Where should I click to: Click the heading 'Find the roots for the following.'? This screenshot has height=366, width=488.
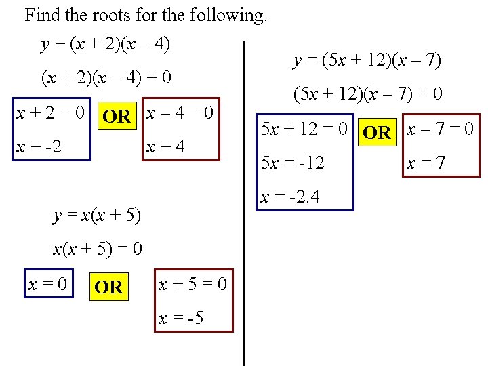(146, 16)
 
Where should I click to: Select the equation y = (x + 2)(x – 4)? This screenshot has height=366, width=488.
(106, 45)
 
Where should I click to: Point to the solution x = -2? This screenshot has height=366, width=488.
(38, 146)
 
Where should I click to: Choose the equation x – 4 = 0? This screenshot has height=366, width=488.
(181, 113)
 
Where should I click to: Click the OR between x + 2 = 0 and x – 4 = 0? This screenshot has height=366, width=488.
(117, 116)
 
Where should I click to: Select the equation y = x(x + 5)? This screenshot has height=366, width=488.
(97, 216)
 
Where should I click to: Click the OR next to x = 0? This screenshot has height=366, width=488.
(108, 287)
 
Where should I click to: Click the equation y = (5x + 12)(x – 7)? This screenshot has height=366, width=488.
(367, 61)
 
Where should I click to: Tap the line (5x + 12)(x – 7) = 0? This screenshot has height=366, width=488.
(367, 94)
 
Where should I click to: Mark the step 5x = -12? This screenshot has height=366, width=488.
(293, 163)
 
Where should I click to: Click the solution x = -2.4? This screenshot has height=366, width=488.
(290, 197)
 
